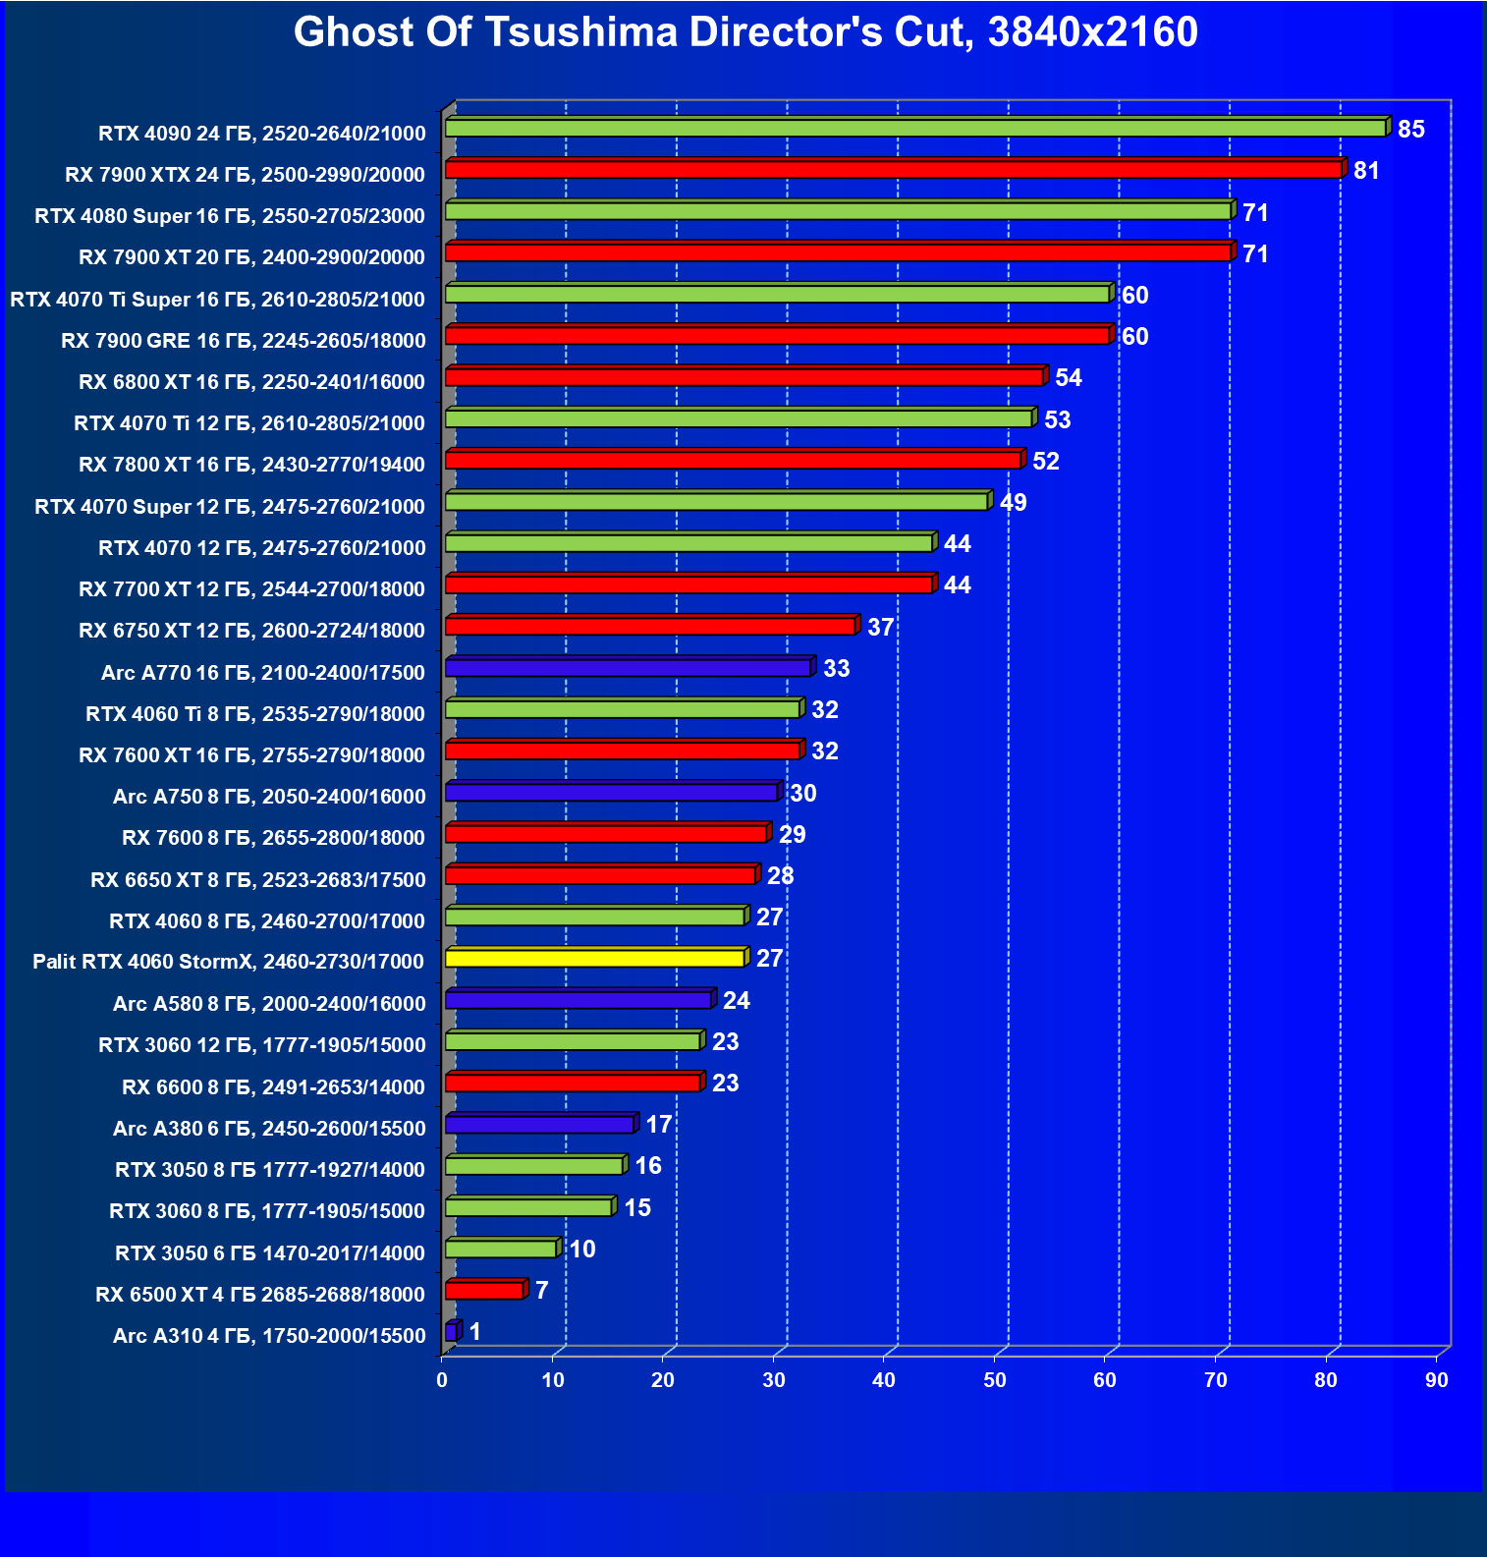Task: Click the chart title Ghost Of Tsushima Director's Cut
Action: click(x=744, y=32)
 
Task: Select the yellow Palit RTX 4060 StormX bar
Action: click(x=594, y=958)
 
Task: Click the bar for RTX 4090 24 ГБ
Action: click(x=914, y=129)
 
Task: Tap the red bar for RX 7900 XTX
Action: click(x=893, y=170)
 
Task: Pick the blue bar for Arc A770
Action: click(x=628, y=668)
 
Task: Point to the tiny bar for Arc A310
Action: click(x=452, y=1332)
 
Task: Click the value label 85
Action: click(x=1410, y=130)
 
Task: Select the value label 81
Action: click(x=1366, y=171)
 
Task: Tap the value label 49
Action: click(x=1013, y=503)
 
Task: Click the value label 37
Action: click(x=880, y=628)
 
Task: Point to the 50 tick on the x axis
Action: click(x=995, y=1380)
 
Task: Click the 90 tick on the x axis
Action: click(x=1437, y=1380)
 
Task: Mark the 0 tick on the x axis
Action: click(x=442, y=1380)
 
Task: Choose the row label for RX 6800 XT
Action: click(x=251, y=382)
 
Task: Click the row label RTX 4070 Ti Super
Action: click(x=217, y=300)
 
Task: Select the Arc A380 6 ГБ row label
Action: click(x=269, y=1129)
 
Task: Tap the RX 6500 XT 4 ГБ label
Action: click(x=260, y=1295)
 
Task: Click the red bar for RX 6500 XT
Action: click(x=484, y=1291)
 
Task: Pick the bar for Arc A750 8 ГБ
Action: click(x=611, y=793)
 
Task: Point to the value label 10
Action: click(x=582, y=1250)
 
